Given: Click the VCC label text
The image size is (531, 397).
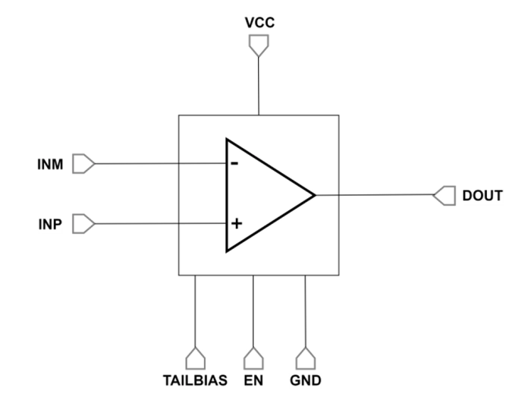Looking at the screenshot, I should coord(259,24).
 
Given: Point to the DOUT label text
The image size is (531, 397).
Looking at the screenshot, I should coord(482,196).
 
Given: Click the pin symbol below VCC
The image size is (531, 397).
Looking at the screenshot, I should coord(259,47).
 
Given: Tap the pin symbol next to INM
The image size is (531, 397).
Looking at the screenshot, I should coord(83,163).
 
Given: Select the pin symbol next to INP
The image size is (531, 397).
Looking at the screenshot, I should coord(83,224).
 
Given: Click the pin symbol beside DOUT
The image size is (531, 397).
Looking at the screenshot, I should coord(444,196).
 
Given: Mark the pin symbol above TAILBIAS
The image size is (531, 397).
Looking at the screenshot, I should coord(195,357).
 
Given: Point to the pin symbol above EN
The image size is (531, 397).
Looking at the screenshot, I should coord(252,357).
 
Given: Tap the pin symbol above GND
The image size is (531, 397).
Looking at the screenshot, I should coord(305,357).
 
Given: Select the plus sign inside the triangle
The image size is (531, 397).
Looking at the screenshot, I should coord(235,223).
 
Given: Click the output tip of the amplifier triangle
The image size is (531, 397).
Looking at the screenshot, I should coord(314,195).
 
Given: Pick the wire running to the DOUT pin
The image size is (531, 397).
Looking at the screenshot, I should coord(375,195).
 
